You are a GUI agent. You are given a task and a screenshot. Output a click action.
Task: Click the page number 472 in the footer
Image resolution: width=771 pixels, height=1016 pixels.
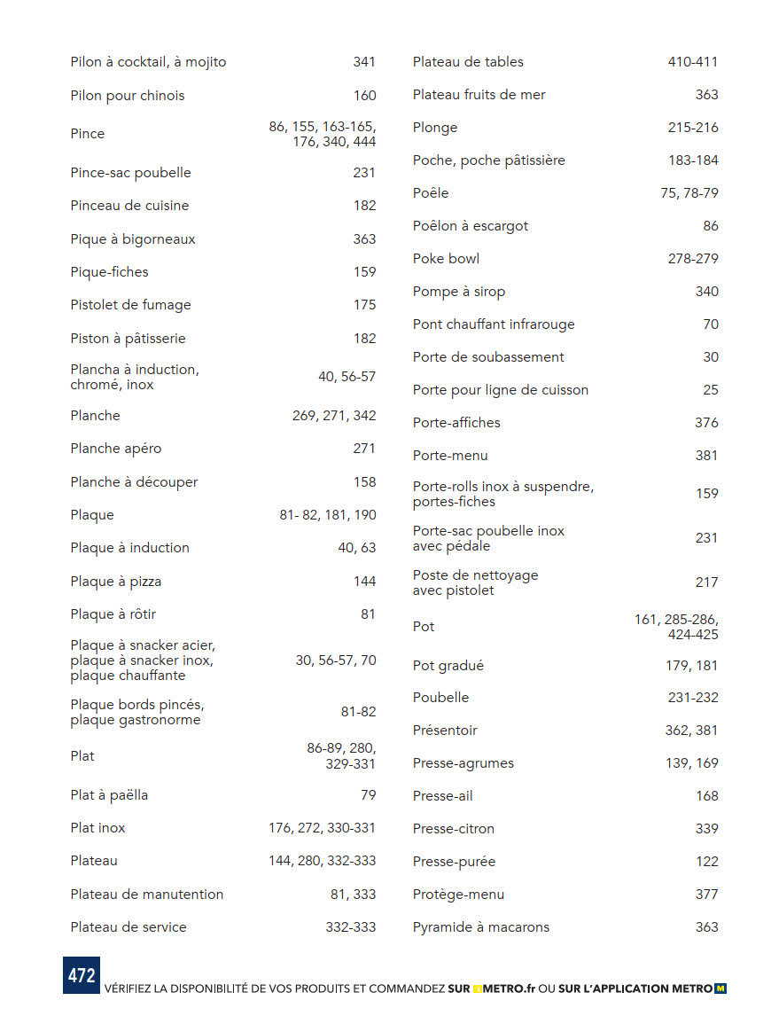[x=81, y=975]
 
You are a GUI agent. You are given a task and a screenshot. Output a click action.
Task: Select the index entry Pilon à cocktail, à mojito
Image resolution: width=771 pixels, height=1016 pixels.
[x=148, y=62]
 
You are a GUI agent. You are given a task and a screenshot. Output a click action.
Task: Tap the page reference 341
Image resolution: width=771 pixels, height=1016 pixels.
[x=364, y=62]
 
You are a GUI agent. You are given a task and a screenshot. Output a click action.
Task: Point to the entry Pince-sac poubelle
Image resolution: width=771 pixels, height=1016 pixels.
[x=130, y=173]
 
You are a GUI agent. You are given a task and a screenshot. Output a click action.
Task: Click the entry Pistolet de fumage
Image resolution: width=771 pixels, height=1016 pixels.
[x=130, y=305]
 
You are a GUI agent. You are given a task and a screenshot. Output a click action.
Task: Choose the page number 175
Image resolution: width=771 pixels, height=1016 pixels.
[x=364, y=305]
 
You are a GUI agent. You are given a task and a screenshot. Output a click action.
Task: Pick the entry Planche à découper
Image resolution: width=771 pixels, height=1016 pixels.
[x=134, y=482]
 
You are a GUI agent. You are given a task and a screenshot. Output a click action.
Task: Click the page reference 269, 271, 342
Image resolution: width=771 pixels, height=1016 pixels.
[x=334, y=416]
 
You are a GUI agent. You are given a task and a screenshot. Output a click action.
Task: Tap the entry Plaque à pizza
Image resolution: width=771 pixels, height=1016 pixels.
[x=115, y=582]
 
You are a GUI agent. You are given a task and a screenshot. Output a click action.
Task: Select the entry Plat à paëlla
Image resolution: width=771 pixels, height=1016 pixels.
[x=109, y=795]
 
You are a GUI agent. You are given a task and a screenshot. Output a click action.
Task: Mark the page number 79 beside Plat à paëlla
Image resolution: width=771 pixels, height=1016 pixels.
[x=368, y=795]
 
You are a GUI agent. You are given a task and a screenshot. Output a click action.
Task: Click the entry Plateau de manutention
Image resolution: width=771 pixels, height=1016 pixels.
[x=146, y=895]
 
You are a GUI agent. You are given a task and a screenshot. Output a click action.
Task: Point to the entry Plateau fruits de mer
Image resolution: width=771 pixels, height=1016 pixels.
[x=479, y=95]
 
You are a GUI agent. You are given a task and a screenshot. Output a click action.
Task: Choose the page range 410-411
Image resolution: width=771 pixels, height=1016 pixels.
[x=692, y=62]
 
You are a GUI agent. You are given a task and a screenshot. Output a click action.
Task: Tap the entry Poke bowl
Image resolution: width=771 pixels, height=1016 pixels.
[x=446, y=259]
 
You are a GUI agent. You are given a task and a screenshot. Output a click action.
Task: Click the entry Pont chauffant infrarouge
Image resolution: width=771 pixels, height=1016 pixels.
[x=494, y=324]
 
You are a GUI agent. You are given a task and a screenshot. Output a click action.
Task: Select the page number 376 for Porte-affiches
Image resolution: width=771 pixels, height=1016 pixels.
[x=706, y=423]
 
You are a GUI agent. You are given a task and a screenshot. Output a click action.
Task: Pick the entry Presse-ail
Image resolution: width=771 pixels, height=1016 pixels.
[x=442, y=796]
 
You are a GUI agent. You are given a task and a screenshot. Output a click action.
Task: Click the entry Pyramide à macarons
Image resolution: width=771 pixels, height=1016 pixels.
[x=480, y=927]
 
